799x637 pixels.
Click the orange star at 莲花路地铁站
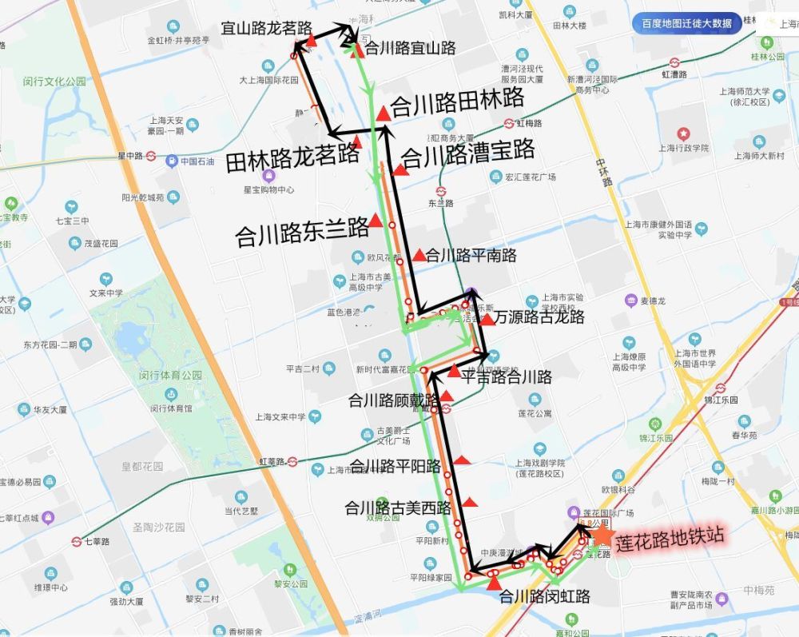pyautogui.click(x=602, y=535)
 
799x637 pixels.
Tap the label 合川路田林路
pyautogui.click(x=458, y=99)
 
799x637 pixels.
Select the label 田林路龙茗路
pyautogui.click(x=292, y=154)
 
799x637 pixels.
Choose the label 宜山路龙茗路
pyautogui.click(x=266, y=30)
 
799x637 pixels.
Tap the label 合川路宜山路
pyautogui.click(x=410, y=49)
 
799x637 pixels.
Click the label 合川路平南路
pyautogui.click(x=471, y=256)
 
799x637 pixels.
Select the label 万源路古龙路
pyautogui.click(x=539, y=317)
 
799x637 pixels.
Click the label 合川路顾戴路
pyautogui.click(x=394, y=400)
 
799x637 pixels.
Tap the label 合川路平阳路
pyautogui.click(x=396, y=466)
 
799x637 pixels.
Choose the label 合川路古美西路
pyautogui.click(x=398, y=508)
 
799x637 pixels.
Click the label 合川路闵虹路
pyautogui.click(x=544, y=596)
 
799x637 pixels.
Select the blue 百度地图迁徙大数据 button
pyautogui.click(x=686, y=23)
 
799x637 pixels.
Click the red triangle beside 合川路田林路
pyautogui.click(x=384, y=113)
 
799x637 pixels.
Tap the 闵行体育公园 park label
pyautogui.click(x=170, y=375)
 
